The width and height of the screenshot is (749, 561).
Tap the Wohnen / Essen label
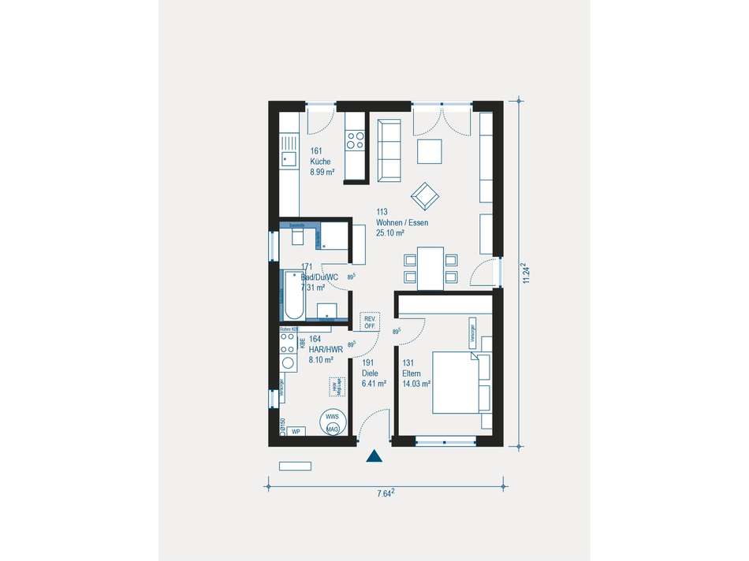(402, 222)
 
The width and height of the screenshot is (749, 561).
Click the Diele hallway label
(370, 373)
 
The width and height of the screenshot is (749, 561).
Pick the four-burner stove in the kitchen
(355, 140)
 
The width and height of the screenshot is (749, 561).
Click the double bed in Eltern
(460, 382)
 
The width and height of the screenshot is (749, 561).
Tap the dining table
(430, 267)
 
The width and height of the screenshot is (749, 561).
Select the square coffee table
(430, 150)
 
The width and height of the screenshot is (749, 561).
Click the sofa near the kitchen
(389, 149)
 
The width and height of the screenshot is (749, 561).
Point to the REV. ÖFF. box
(369, 321)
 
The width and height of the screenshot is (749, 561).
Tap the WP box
(296, 432)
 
